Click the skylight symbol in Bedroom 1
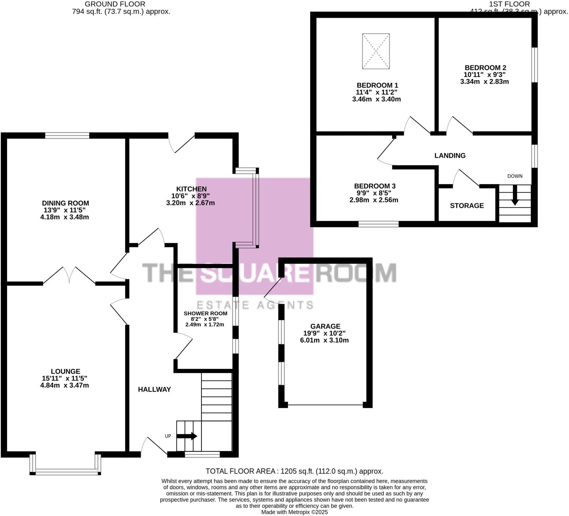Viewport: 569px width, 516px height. (x=376, y=51)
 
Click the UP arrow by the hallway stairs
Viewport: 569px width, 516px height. (x=187, y=436)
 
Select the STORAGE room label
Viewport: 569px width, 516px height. (x=467, y=206)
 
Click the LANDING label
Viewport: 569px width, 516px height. (x=450, y=155)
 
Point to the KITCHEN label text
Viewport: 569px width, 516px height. (x=191, y=189)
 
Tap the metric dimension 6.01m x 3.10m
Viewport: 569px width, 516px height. (x=324, y=341)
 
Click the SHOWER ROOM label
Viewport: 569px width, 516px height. (x=205, y=314)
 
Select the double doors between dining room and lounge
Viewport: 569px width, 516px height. (x=69, y=275)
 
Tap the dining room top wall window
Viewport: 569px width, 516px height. (x=67, y=136)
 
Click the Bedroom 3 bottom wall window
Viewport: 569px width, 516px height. (x=378, y=224)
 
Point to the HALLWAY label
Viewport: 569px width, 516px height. (x=154, y=389)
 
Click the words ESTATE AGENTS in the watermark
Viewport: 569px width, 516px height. (x=255, y=305)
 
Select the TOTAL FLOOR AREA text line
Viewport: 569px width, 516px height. (x=294, y=471)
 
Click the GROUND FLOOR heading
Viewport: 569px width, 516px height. (x=115, y=4)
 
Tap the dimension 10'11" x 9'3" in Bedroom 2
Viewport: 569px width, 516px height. (x=485, y=75)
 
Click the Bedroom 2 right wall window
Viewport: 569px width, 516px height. (x=535, y=65)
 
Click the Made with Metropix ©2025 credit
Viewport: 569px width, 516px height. (x=294, y=512)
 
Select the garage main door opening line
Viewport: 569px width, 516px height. (x=325, y=405)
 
